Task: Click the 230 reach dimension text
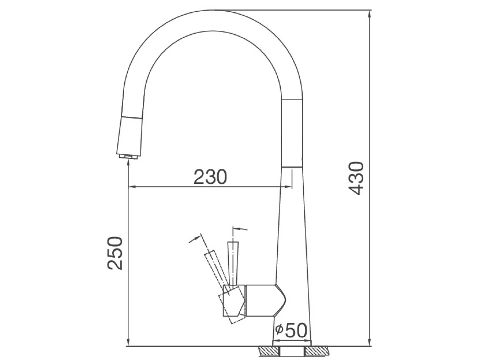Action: point(210,177)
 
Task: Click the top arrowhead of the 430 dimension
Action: point(370,14)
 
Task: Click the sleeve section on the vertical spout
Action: point(292,133)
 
